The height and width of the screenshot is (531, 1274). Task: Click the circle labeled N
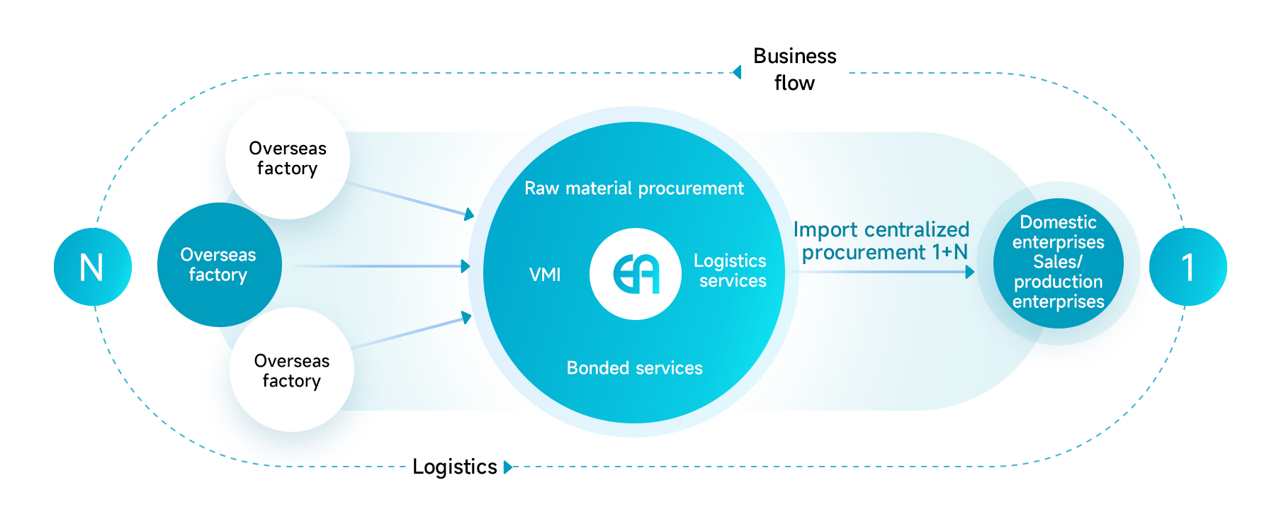tap(92, 267)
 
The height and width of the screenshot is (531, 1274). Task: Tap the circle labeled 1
tap(1188, 267)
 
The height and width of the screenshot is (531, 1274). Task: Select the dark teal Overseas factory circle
tap(219, 265)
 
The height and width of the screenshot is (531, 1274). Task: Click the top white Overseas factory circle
tap(287, 158)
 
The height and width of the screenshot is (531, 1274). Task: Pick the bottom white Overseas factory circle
tap(291, 370)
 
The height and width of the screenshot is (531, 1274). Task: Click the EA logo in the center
tap(636, 274)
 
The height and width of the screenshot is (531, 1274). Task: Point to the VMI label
tap(545, 275)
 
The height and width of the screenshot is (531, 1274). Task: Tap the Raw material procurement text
tap(633, 188)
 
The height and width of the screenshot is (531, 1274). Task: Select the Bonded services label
tap(634, 368)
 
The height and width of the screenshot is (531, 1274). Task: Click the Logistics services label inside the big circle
tap(731, 270)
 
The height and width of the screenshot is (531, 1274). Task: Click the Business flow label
tap(794, 69)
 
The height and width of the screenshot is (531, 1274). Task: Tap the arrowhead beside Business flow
tap(738, 72)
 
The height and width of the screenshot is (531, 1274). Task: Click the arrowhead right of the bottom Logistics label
tap(507, 467)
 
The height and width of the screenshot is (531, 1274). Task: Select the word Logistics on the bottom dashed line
tap(454, 467)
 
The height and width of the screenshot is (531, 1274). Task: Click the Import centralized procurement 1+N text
tap(881, 241)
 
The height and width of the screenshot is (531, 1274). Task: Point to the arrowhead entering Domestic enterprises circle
tap(970, 272)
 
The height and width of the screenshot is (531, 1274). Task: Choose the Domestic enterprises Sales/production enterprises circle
tap(1058, 263)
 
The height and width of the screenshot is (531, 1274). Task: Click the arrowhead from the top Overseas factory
tap(469, 215)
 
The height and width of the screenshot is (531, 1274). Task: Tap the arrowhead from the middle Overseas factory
tap(466, 266)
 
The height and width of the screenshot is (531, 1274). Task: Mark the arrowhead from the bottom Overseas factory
tap(468, 317)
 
